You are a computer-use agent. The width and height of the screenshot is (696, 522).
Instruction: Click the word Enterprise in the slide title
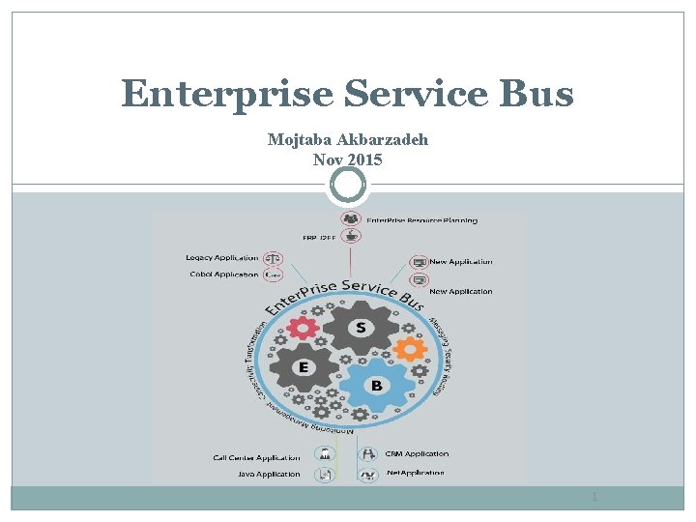[x=228, y=95]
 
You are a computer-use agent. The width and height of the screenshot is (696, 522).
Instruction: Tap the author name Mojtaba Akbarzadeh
[x=348, y=140]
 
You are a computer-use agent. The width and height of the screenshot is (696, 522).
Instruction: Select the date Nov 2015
[x=348, y=159]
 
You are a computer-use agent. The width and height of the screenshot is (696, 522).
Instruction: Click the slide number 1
[x=594, y=497]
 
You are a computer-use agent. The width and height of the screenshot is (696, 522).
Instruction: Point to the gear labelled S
[x=361, y=328]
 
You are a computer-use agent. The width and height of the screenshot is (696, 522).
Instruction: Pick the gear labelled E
[x=304, y=368]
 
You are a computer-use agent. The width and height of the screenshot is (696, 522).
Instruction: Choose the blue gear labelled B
[x=376, y=385]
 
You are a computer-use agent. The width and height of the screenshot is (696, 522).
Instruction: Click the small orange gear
[x=409, y=347]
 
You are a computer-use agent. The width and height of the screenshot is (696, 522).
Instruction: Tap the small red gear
[x=303, y=327]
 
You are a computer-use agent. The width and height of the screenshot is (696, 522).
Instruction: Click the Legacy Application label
[x=222, y=258]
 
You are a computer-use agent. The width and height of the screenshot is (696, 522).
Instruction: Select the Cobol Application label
[x=224, y=275]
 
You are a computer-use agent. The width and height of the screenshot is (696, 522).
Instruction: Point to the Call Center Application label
[x=256, y=457]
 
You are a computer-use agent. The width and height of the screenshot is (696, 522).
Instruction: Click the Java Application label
[x=269, y=475]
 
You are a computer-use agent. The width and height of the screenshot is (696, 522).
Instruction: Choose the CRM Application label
[x=417, y=453]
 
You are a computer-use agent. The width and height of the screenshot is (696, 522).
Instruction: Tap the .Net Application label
[x=415, y=473]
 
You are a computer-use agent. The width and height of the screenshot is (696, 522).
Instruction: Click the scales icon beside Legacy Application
[x=274, y=259]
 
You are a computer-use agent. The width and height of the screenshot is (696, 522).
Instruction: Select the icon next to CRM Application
[x=367, y=454]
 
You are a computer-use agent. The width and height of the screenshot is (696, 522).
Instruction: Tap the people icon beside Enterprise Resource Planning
[x=351, y=219]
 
